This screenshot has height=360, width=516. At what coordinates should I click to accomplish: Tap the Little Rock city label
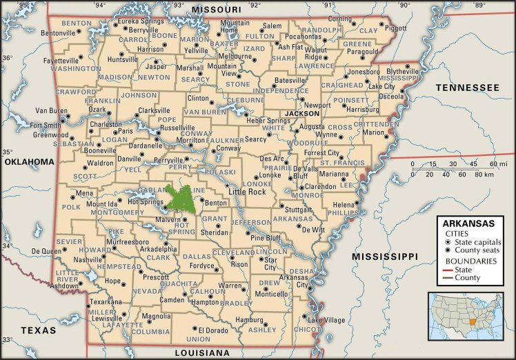click(248, 191)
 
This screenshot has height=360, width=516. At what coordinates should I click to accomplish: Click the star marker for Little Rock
click(227, 186)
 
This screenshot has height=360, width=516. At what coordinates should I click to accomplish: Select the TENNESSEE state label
click(466, 88)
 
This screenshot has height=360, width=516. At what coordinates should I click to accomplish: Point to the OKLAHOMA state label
click(29, 161)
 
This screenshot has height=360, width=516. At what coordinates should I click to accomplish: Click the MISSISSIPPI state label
click(384, 257)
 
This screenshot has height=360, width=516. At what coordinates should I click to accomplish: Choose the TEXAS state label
click(38, 330)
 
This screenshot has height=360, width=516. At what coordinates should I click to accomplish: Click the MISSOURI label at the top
click(217, 8)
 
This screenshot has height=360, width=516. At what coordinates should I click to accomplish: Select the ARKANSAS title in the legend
click(468, 223)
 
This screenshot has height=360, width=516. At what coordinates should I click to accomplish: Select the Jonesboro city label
click(364, 72)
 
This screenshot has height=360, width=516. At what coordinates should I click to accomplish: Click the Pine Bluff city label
click(266, 238)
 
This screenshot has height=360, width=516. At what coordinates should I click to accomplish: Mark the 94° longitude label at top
click(101, 6)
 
